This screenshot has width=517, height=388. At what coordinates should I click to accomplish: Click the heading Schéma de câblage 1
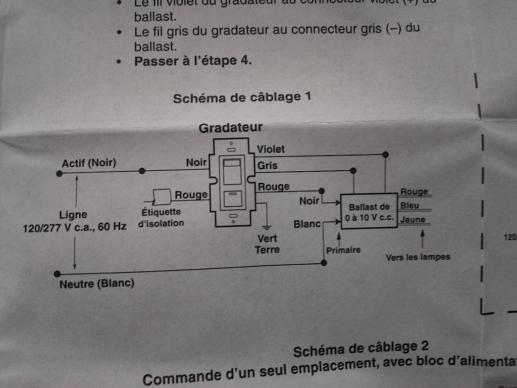[x=242, y=97]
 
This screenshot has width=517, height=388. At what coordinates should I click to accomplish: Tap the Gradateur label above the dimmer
[x=230, y=128]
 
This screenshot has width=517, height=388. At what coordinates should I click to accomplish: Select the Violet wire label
[x=271, y=149]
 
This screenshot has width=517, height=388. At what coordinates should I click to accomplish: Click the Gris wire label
[x=267, y=165]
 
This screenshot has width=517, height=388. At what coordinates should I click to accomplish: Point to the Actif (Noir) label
[x=89, y=163]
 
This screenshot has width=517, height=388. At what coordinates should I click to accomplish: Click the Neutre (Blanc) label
[x=97, y=283]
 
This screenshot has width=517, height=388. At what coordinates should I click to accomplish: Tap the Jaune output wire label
[x=412, y=220]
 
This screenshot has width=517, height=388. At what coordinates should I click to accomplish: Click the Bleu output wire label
[x=409, y=206]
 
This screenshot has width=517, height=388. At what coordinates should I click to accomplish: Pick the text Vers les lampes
[x=418, y=257]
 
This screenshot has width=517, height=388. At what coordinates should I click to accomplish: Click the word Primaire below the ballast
[x=343, y=250]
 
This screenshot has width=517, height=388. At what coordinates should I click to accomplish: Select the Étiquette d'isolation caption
[x=161, y=218]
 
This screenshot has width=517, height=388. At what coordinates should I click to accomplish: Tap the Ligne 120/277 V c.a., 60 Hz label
[x=74, y=221]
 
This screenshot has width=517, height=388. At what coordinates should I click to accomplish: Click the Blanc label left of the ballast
[x=307, y=223]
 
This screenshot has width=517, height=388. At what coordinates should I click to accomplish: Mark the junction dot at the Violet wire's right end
[x=386, y=154]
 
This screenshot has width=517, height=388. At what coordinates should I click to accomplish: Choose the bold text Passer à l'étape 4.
[x=193, y=62]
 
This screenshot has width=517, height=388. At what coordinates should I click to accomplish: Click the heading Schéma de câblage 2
[x=361, y=349]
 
